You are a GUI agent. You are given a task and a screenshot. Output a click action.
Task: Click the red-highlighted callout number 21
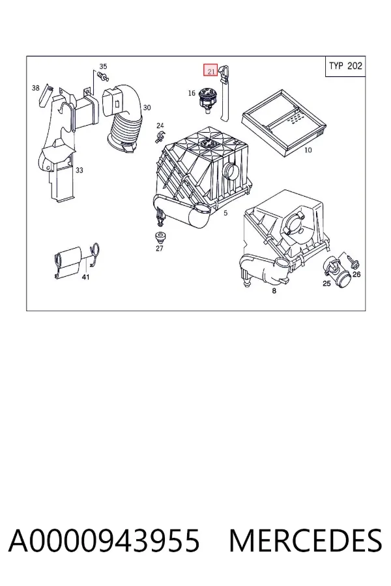tap(210, 70)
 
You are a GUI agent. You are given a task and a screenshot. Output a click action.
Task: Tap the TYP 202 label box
tap(345, 66)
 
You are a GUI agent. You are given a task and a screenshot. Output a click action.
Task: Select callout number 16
tap(192, 92)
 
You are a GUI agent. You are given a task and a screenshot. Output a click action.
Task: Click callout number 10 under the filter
tap(308, 150)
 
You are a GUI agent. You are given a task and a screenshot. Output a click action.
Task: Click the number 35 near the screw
tap(103, 66)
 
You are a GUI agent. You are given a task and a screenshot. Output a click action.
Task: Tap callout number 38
tap(36, 88)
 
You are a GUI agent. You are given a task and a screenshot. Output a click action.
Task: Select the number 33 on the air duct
tap(80, 171)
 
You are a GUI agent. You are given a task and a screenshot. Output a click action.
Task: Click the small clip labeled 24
tap(160, 137)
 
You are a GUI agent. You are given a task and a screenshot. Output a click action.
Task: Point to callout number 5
tap(225, 213)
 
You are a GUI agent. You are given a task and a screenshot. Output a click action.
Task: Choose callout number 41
tap(85, 277)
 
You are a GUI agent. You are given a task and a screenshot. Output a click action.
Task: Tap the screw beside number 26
tap(353, 262)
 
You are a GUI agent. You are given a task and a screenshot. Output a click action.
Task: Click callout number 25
tap(326, 283)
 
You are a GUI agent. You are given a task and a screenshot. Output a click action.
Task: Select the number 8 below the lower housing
tap(274, 290)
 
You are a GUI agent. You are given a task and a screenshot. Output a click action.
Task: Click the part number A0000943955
tap(104, 540)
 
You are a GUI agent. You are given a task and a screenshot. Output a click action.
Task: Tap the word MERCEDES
tap(306, 540)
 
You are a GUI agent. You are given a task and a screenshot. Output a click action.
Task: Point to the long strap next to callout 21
tap(225, 93)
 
